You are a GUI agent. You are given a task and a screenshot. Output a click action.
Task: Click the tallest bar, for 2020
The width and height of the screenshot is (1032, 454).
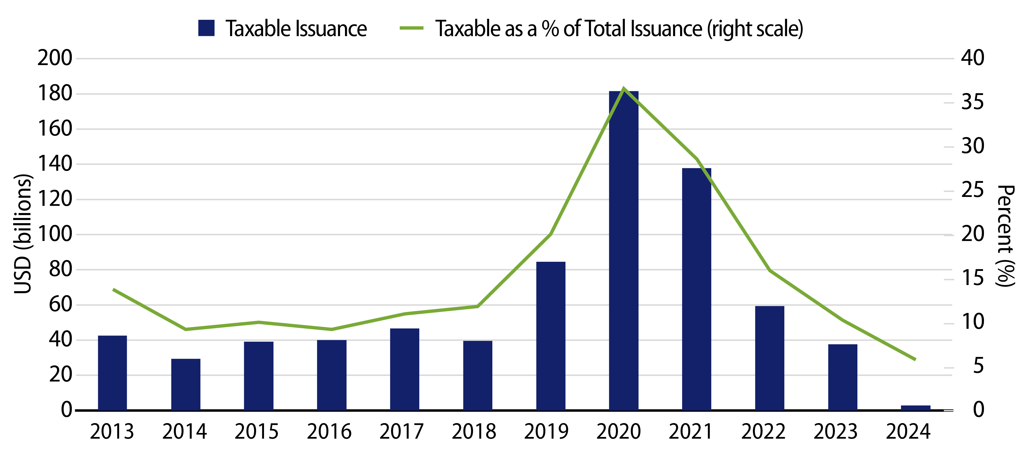coord(623,250)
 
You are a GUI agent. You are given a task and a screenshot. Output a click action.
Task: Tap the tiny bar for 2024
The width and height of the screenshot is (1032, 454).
coord(915,407)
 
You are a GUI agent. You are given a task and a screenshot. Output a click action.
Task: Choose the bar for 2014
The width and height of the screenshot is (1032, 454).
coord(185,384)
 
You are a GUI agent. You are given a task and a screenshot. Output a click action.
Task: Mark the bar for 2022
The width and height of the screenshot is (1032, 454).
coord(769,358)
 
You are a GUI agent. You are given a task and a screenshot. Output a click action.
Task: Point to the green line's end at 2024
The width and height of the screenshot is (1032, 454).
coord(915,359)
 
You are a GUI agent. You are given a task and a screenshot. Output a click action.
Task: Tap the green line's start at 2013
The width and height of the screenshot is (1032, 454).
coord(114,289)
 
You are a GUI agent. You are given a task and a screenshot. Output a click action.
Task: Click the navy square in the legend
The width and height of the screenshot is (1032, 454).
coord(206,28)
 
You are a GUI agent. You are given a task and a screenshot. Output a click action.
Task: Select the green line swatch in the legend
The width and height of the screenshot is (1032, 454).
coord(411,28)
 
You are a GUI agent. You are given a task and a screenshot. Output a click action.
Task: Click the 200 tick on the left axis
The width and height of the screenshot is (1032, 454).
coord(55,58)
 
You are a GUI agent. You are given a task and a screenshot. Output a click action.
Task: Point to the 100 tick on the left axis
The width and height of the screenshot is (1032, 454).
coord(55,234)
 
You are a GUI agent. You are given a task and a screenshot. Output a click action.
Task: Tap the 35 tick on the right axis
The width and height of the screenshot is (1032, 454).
coord(972,102)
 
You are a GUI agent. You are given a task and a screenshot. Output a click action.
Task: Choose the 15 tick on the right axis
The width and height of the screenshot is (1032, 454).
coord(972,278)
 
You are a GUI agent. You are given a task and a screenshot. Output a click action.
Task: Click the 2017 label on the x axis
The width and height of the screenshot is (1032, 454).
coord(401,431)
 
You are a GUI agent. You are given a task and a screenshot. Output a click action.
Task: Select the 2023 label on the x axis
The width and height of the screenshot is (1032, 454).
coord(835,431)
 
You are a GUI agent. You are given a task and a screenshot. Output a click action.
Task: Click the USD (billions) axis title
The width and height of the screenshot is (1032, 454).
coord(23,234)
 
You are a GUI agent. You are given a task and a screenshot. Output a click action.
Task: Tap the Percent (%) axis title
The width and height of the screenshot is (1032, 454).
coord(1006,236)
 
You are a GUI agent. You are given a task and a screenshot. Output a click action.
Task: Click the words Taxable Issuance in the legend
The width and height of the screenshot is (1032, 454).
coord(296,29)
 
